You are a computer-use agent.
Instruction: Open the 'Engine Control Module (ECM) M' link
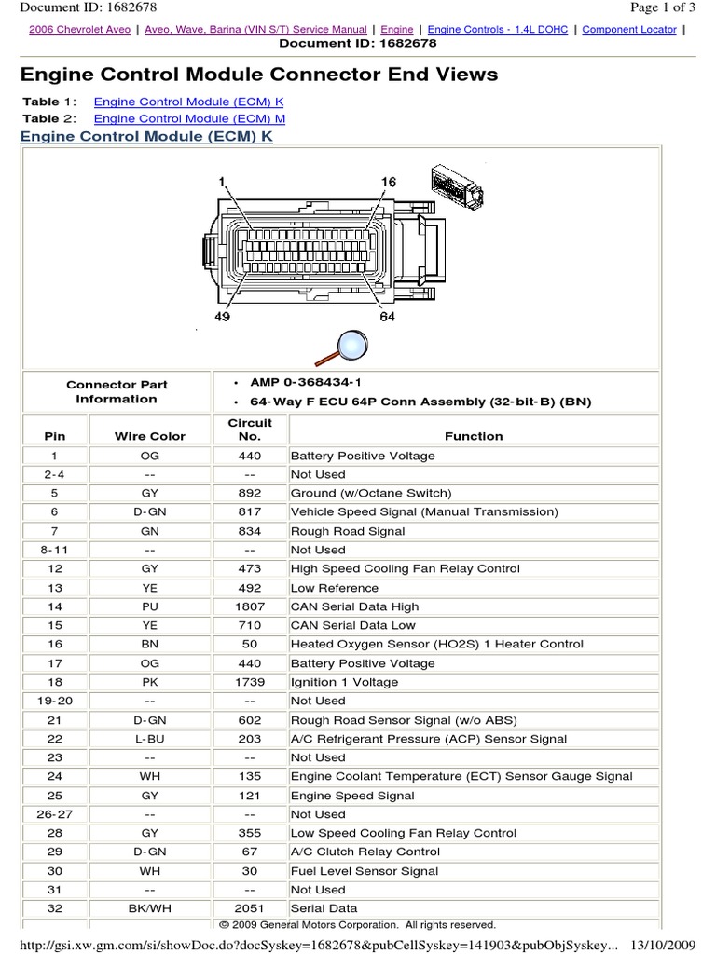click(189, 118)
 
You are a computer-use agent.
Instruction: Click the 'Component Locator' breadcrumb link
click(631, 30)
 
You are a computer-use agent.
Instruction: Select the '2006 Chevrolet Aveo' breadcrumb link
click(80, 30)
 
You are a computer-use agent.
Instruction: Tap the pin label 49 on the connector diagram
click(223, 316)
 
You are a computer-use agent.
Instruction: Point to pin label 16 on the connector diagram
click(388, 181)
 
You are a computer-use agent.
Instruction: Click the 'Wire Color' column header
click(150, 436)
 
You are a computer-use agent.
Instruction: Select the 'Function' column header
click(474, 436)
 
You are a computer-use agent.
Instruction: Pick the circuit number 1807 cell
click(250, 606)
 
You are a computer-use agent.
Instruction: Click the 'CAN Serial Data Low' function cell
click(353, 625)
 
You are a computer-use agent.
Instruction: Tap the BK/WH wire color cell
click(150, 908)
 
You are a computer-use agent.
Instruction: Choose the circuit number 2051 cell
click(250, 908)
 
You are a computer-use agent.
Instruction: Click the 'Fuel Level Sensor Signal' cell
click(365, 871)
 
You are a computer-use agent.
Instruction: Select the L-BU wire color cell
click(150, 739)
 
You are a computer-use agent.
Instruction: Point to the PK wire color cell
click(150, 682)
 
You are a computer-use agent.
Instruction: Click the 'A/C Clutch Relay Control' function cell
click(365, 852)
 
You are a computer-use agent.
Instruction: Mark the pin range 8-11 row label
click(55, 550)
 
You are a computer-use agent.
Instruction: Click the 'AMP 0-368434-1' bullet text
click(306, 383)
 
